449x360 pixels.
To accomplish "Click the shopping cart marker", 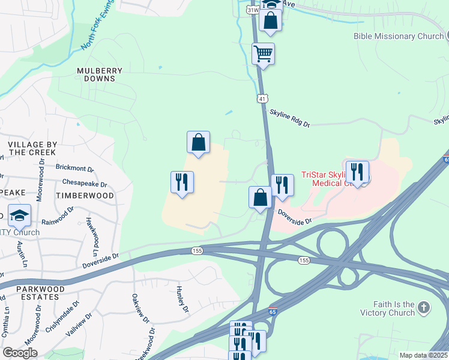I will pos(264,53).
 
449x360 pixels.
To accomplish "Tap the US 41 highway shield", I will pos(263,98).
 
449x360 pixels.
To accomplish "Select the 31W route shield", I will pos(253,10).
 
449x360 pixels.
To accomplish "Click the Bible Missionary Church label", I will pos(398,37).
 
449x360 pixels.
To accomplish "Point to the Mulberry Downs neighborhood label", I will pos(100,74).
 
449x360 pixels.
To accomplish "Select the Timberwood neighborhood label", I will pos(85,196).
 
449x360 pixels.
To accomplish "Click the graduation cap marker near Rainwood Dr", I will pos(20,215).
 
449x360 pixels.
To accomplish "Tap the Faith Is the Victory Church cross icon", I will pos(424,308).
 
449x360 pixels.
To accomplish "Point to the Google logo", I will pos(20,353).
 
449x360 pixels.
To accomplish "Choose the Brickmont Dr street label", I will pos(75,169).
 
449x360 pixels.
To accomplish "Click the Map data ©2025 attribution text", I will pos(423,355).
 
